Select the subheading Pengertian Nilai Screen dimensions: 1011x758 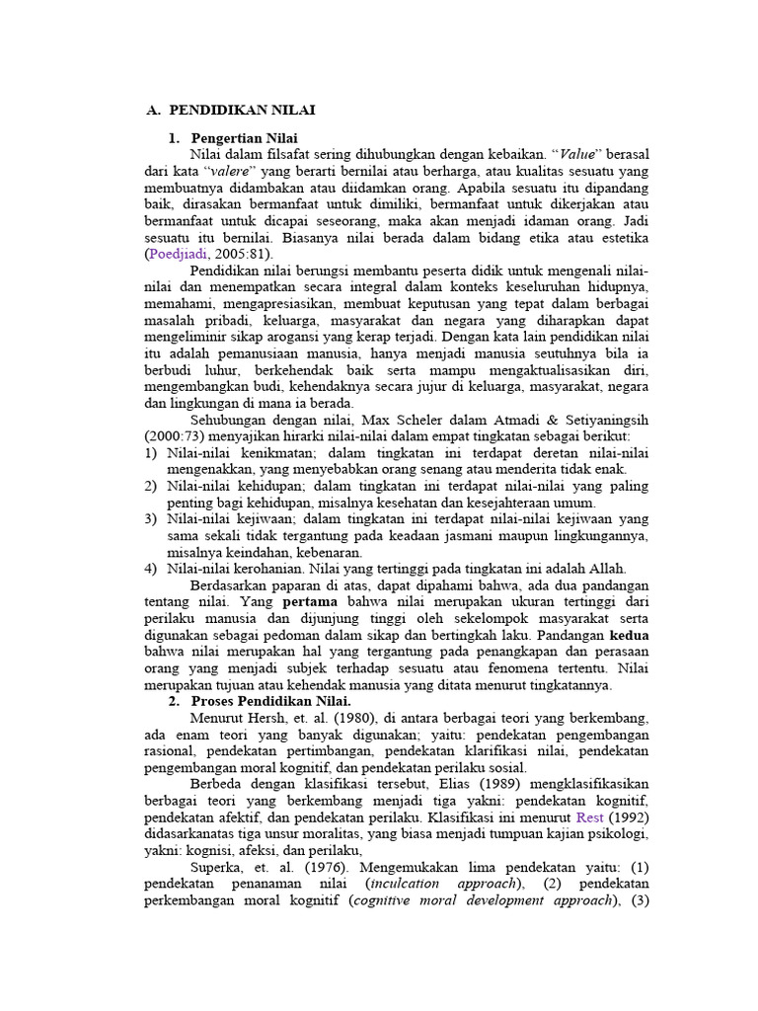(x=244, y=137)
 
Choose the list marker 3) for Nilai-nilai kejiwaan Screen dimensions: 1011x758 (x=150, y=517)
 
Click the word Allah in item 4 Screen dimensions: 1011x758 (x=604, y=568)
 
